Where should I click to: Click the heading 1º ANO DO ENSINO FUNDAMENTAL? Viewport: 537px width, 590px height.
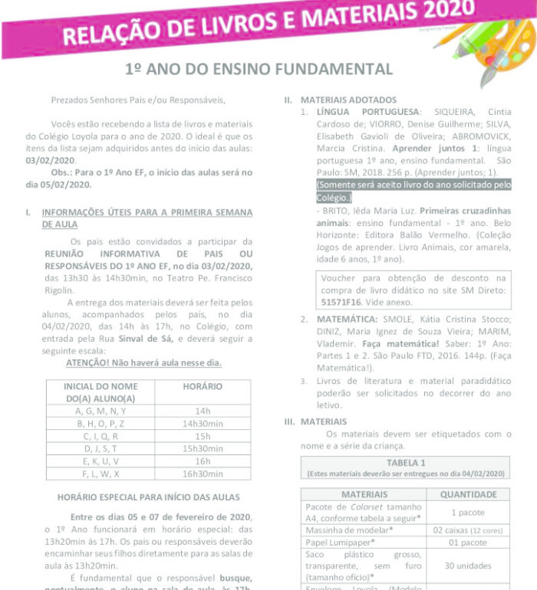259,69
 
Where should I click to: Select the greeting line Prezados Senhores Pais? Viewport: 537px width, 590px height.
138,100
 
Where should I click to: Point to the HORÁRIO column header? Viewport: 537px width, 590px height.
203,387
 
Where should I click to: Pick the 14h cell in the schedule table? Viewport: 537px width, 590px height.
203,411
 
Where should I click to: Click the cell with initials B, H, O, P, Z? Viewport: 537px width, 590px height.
100,423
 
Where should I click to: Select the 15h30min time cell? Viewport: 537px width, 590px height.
203,448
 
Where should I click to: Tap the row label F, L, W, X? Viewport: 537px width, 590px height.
100,474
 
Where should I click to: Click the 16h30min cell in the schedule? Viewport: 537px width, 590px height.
203,474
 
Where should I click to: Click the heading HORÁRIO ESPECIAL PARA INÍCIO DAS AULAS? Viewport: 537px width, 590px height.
148,497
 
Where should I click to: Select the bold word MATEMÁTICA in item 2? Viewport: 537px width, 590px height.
349,319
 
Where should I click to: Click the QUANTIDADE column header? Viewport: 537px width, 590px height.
468,494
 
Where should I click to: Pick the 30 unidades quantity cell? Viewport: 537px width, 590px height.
468,565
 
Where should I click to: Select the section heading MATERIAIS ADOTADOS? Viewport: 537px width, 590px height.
348,100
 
